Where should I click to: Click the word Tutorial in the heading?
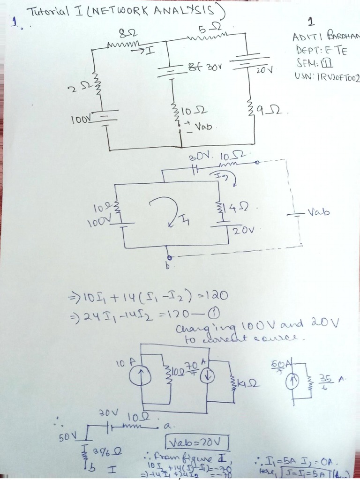(x=47, y=12)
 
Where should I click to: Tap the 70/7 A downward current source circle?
(x=208, y=376)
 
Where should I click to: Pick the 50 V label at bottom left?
(x=67, y=437)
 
